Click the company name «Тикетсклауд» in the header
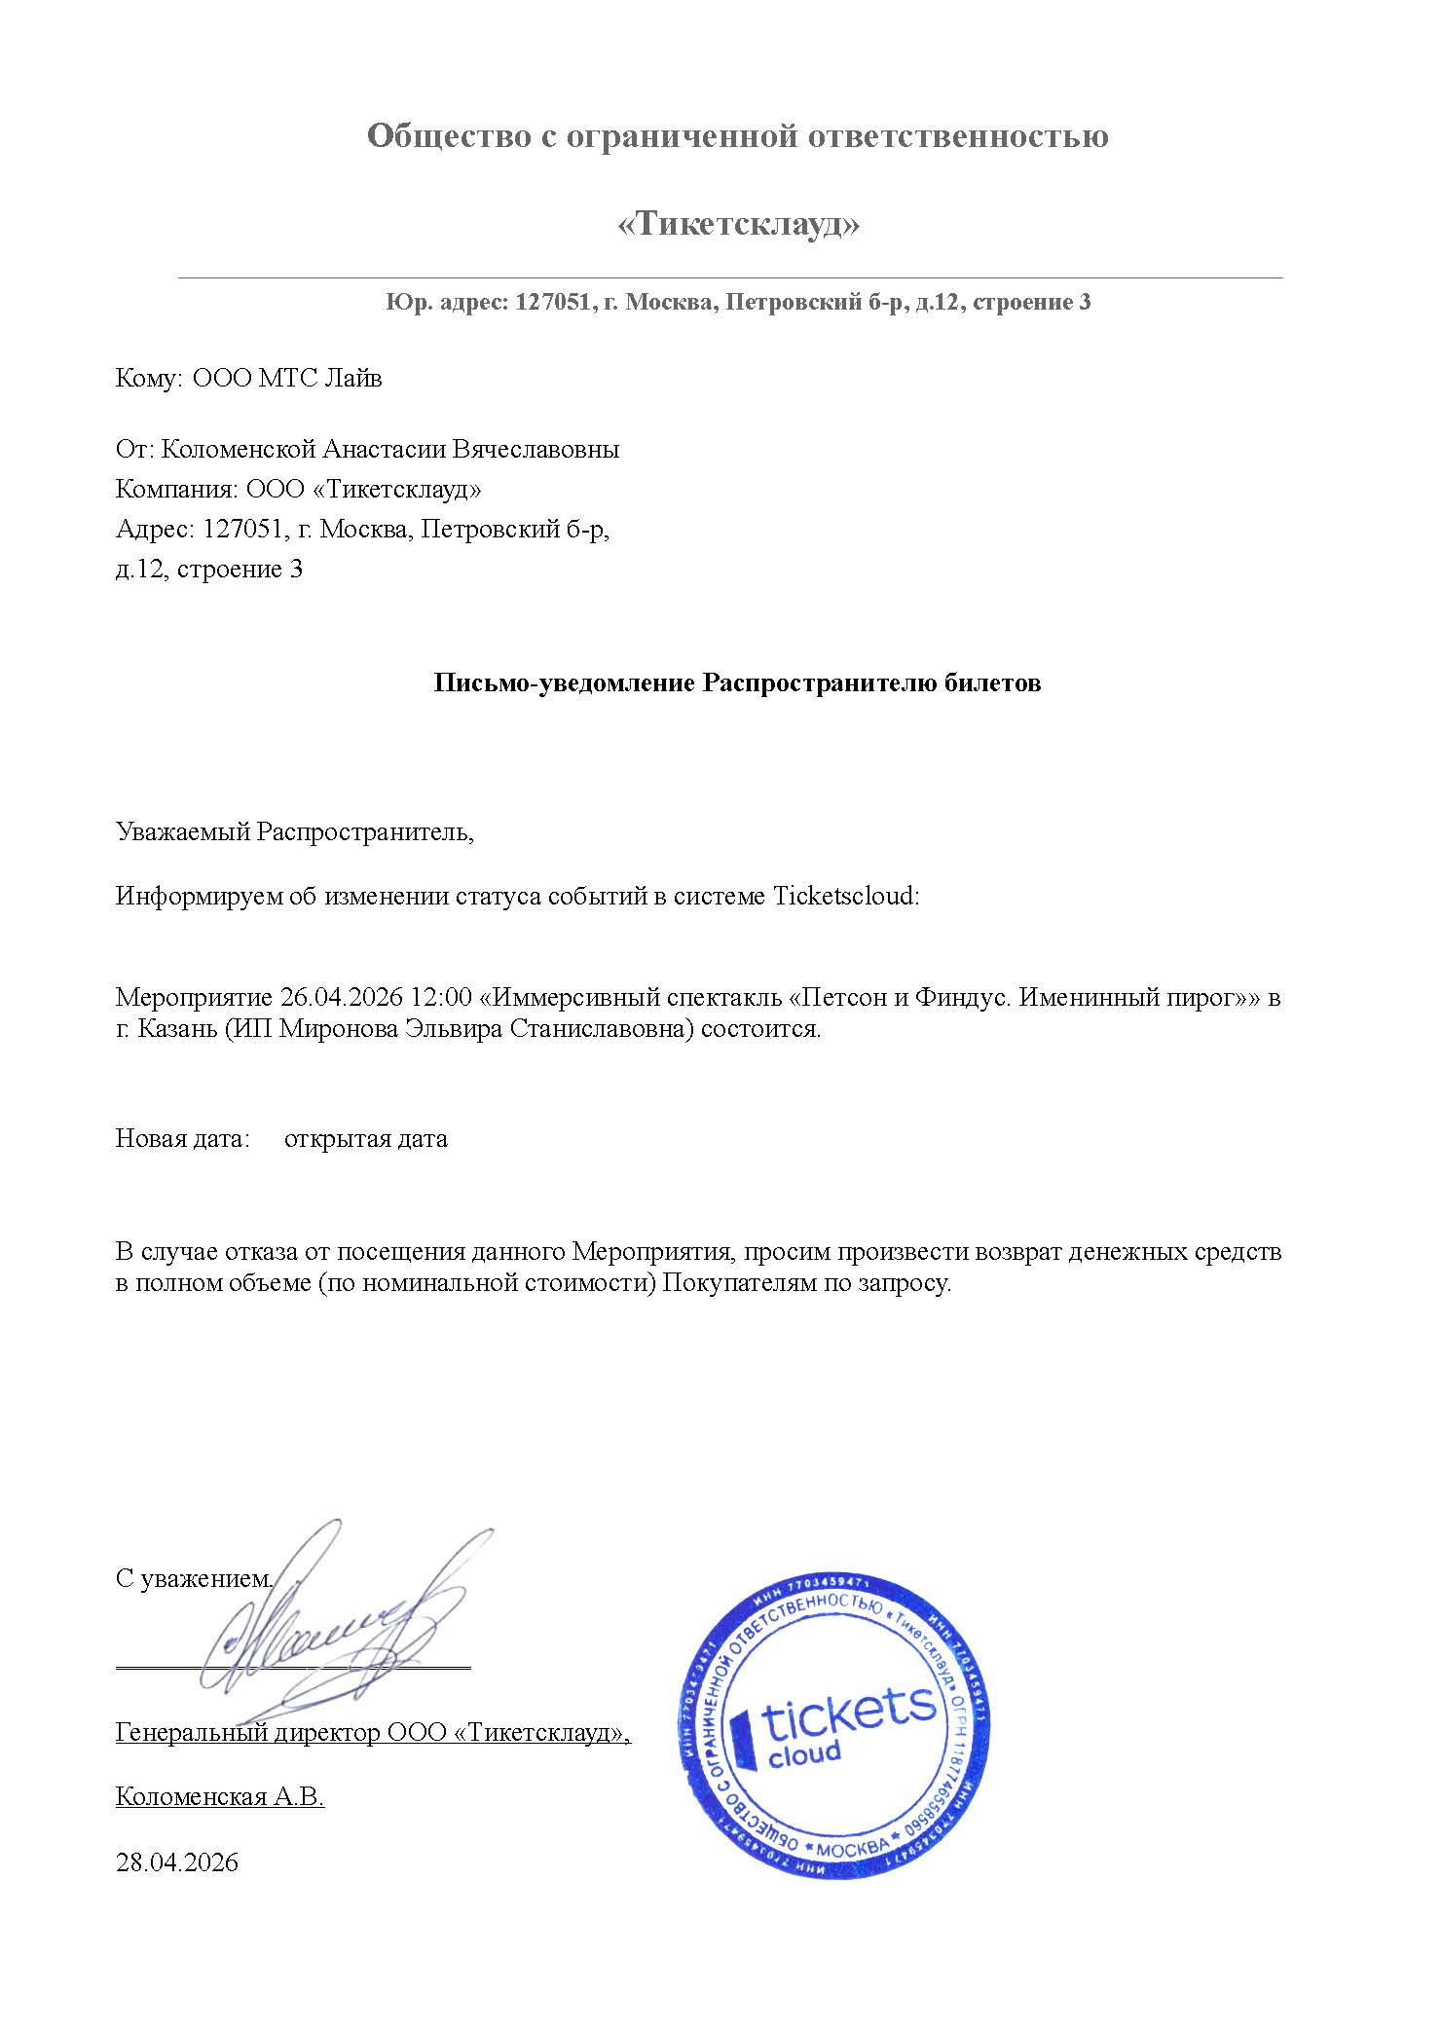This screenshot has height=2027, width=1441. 739,225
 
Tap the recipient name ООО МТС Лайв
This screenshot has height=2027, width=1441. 287,378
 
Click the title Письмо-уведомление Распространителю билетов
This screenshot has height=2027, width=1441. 737,683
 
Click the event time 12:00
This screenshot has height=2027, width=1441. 442,998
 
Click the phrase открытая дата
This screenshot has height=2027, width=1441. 365,1139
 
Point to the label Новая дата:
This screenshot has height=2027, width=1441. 183,1139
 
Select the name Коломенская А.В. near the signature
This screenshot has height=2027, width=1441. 219,1797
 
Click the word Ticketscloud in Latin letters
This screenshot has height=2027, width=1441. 844,897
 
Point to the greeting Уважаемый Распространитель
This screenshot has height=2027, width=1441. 294,832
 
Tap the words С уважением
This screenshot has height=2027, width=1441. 193,1579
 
